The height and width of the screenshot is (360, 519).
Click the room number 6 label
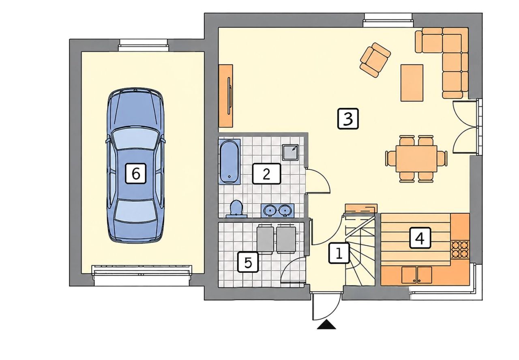pyautogui.click(x=136, y=174)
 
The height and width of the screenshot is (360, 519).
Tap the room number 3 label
pyautogui.click(x=348, y=118)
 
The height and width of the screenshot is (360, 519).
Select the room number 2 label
pyautogui.click(x=266, y=174)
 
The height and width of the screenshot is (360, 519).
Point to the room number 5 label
pyautogui.click(x=248, y=262)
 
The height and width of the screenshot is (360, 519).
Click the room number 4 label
pyautogui.click(x=420, y=238)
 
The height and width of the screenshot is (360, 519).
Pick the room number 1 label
pyautogui.click(x=339, y=253)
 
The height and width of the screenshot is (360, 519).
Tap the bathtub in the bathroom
pyautogui.click(x=229, y=161)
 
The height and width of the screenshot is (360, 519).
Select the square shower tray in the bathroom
pyautogui.click(x=290, y=152)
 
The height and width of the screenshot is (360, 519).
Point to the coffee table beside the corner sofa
pyautogui.click(x=412, y=83)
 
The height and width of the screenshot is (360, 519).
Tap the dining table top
pyautogui.click(x=416, y=159)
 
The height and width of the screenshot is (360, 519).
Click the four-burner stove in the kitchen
pyautogui.click(x=460, y=250)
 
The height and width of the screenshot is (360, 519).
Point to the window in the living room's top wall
pyautogui.click(x=388, y=20)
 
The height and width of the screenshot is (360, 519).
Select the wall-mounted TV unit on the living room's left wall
pyautogui.click(x=226, y=96)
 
